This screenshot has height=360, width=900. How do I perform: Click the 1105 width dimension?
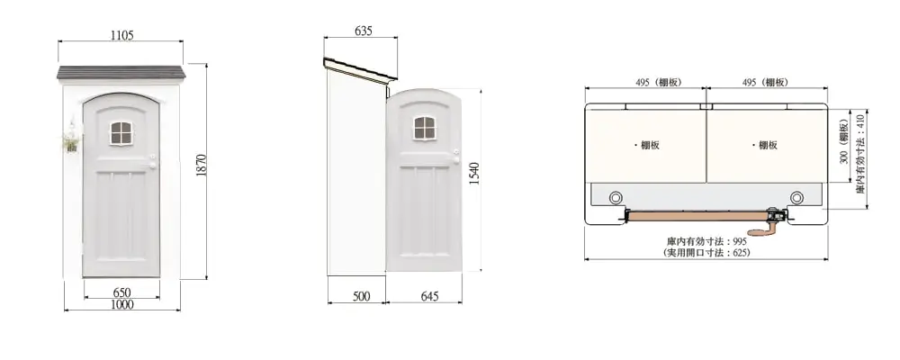click(121, 35)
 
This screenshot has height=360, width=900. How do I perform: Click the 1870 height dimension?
click(201, 165)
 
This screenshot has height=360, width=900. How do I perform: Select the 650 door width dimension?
click(121, 292)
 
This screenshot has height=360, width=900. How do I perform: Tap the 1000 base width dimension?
click(121, 304)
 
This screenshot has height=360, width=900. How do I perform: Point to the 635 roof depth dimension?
click(363, 31)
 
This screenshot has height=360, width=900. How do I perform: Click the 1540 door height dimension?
click(474, 174)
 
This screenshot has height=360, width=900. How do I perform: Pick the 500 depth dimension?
click(361, 296)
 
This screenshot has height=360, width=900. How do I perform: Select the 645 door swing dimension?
click(429, 296)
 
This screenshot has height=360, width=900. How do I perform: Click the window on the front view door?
click(121, 133)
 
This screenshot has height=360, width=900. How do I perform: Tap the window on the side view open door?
click(425, 128)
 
